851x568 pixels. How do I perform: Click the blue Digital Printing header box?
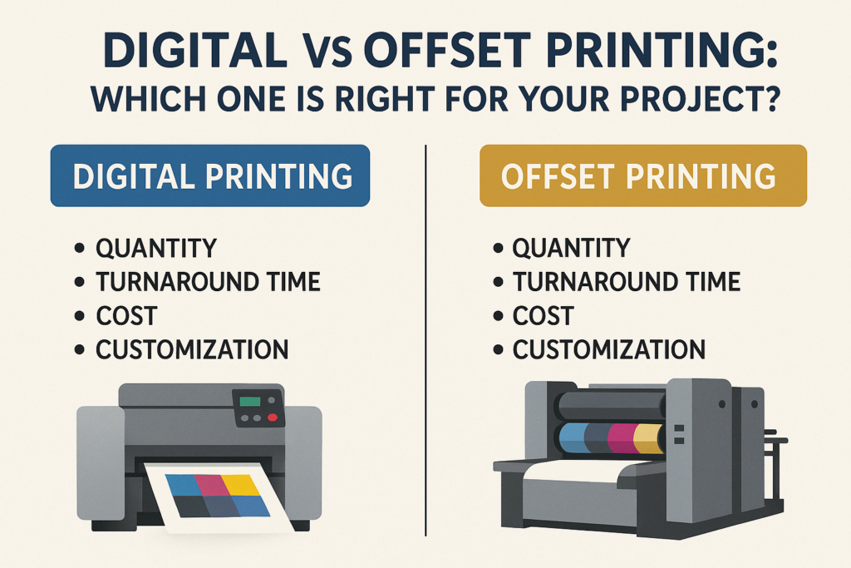[210, 175]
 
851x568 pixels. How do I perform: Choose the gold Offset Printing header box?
[643, 175]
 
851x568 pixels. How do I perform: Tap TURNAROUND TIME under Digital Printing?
[208, 282]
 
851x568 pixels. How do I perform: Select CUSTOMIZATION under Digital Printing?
[192, 349]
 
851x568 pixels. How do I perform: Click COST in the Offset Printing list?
[543, 316]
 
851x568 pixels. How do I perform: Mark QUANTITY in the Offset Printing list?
[571, 248]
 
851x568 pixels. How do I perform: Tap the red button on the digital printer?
[273, 419]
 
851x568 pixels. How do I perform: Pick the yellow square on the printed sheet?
[243, 484]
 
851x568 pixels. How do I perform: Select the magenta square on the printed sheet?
[212, 484]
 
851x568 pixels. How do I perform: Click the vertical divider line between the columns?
[425, 333]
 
